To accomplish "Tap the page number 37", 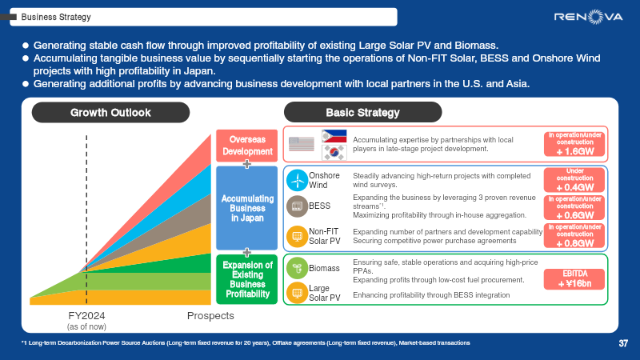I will click(623, 343).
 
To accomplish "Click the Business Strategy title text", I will click(56, 16).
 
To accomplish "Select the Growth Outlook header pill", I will click(110, 113).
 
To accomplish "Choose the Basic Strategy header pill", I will click(362, 113).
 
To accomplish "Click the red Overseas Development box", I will click(247, 145).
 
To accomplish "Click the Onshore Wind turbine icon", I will click(298, 180).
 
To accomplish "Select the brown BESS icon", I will click(297, 206).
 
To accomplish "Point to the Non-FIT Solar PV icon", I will click(297, 236).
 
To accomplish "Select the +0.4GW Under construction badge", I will click(574, 180).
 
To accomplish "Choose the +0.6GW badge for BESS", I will click(574, 207).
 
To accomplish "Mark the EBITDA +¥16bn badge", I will click(574, 278).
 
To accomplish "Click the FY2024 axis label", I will click(86, 316).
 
